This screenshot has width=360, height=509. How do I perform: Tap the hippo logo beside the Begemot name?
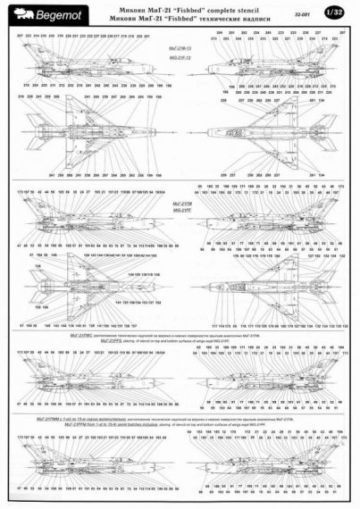click(x=17, y=8)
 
